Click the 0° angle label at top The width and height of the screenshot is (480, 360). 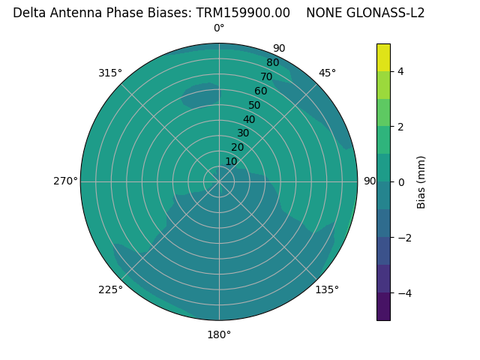tap(219, 28)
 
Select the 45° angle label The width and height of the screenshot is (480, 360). tap(327, 73)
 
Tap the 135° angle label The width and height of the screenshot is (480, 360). tap(327, 289)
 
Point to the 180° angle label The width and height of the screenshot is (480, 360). tap(219, 334)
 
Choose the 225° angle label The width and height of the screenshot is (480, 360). tap(110, 289)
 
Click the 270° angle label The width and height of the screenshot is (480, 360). tap(65, 181)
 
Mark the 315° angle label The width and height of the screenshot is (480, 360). tap(110, 73)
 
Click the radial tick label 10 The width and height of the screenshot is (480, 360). tap(231, 161)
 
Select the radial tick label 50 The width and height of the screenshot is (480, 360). tap(255, 106)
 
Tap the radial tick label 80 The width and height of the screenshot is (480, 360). tap(273, 63)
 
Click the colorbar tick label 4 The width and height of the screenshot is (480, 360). tap(401, 71)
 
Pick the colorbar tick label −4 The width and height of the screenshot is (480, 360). tap(403, 292)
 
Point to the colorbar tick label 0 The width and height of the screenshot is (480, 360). tap(401, 181)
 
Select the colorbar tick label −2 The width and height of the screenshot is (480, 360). tap(403, 237)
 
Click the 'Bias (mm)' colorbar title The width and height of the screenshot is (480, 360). tap(421, 181)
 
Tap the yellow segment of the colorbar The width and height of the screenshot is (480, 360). tap(383, 57)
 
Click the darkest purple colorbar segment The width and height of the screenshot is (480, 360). tap(383, 307)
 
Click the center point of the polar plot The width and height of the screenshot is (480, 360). tap(219, 181)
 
